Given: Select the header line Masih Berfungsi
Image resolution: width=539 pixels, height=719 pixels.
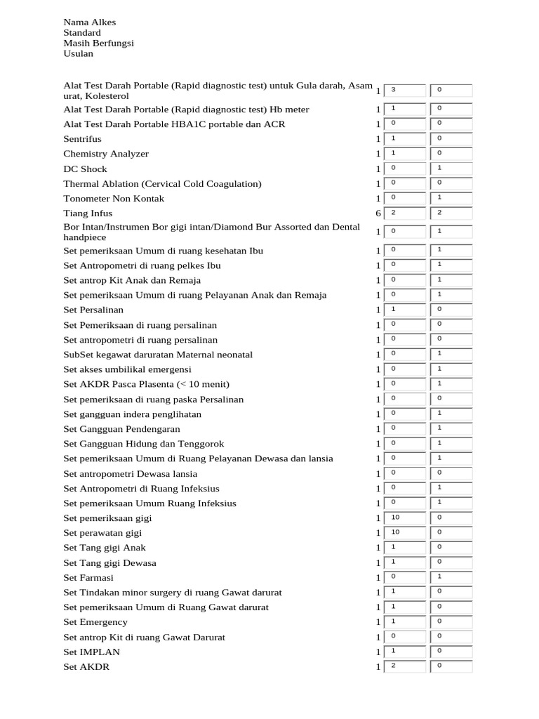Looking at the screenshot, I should tap(98, 43).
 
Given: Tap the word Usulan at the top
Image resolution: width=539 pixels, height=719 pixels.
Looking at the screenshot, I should tap(78, 53).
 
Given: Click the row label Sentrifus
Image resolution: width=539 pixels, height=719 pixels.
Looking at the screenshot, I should tap(82, 139).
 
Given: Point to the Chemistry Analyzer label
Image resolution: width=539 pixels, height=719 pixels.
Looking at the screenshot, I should tap(106, 154).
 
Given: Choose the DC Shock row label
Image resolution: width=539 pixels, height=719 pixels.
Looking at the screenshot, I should tap(85, 169).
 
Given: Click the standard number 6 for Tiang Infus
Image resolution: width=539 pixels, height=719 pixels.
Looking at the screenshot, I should tap(378, 213).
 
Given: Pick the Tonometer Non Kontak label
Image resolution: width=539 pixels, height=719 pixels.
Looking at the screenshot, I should tap(114, 199).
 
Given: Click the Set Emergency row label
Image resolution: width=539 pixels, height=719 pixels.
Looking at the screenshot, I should tap(95, 622).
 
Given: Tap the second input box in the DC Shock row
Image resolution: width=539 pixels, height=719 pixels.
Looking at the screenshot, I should tap(451, 169).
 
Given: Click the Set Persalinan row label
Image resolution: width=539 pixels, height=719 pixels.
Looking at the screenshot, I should tap(93, 310).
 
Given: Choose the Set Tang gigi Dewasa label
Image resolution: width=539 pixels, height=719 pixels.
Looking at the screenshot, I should tap(109, 563).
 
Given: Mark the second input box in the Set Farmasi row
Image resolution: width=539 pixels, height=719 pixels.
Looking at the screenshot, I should tap(451, 577).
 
